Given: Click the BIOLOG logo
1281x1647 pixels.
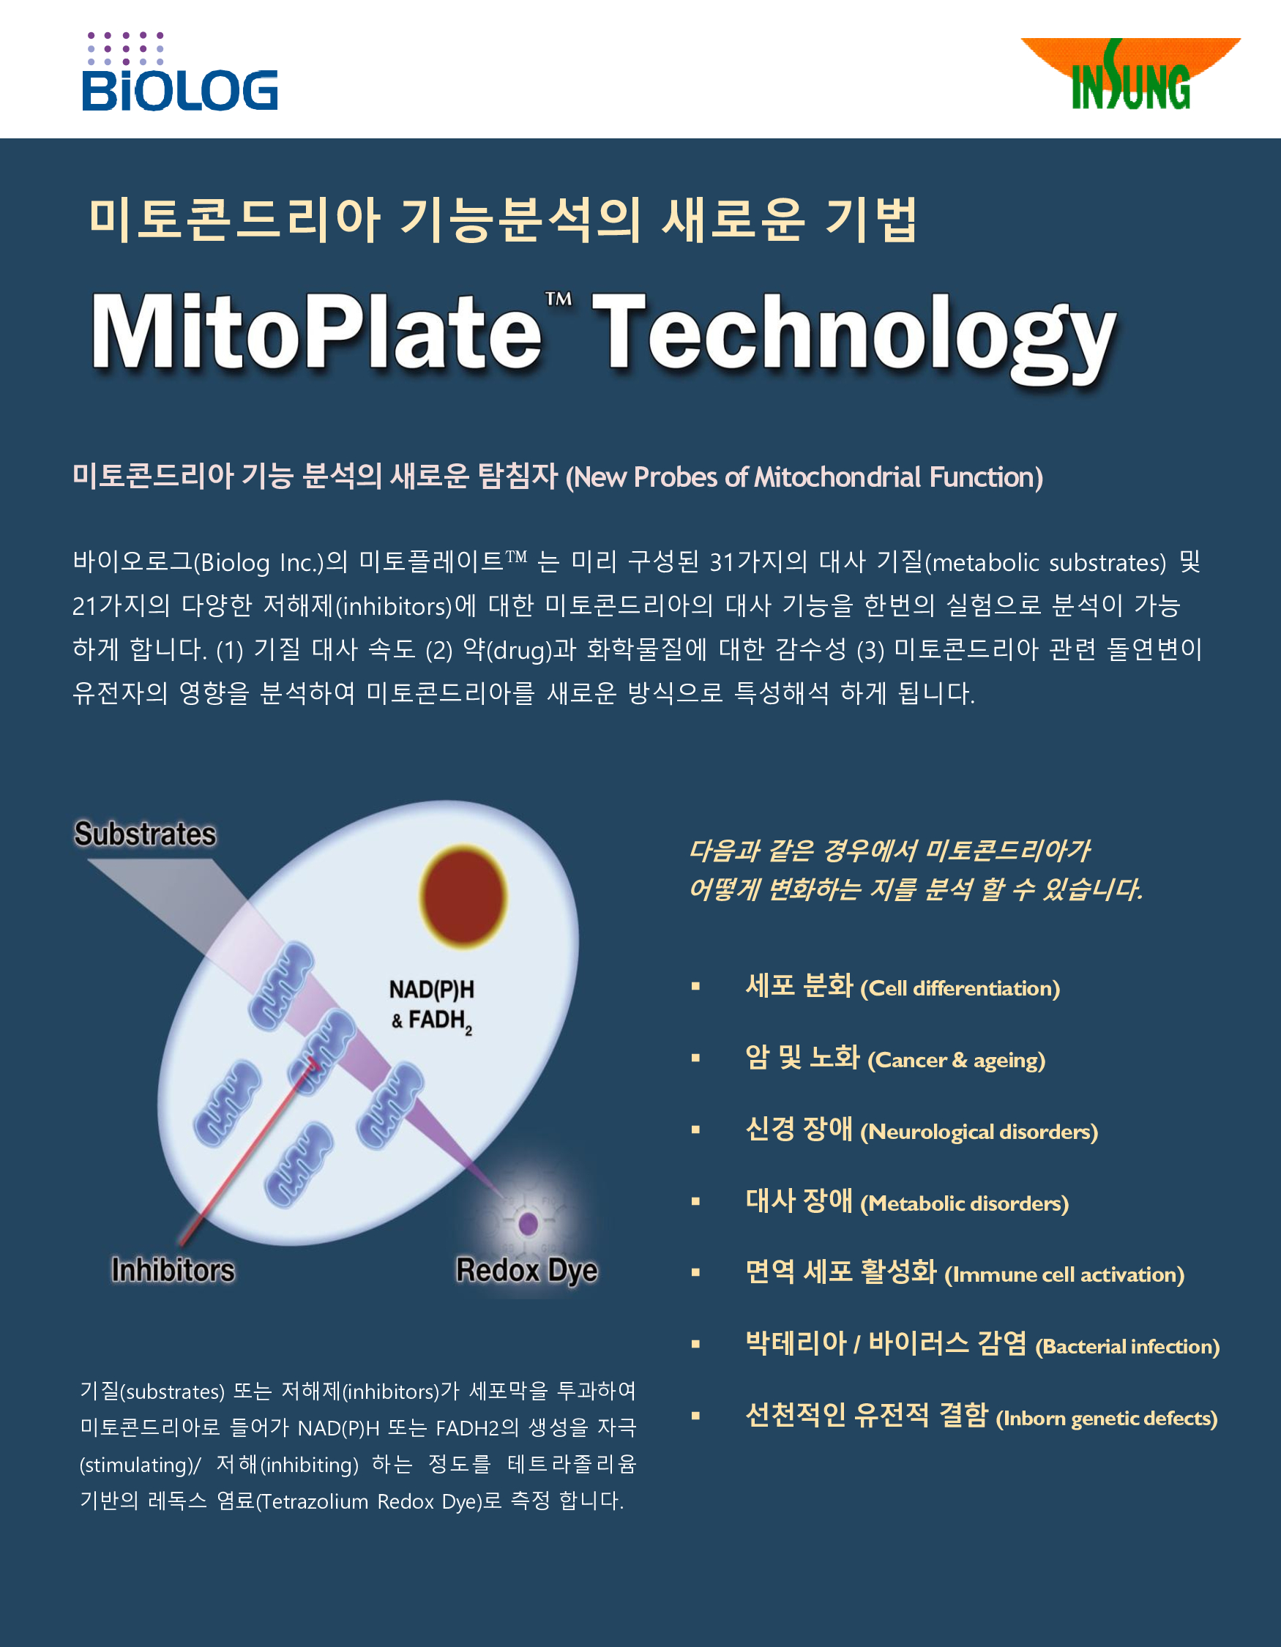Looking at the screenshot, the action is [x=179, y=72].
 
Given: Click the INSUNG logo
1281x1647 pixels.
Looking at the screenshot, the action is [x=1130, y=74].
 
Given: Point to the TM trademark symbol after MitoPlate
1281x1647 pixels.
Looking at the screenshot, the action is [x=559, y=299].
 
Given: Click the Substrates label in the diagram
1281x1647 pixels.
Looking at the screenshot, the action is [x=145, y=834].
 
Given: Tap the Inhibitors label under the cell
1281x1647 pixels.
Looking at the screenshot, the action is [x=173, y=1270].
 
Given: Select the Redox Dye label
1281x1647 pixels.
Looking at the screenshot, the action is [x=527, y=1271].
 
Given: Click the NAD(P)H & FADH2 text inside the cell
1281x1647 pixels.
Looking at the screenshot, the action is [x=431, y=1006].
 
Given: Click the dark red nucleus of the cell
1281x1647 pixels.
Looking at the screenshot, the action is [x=463, y=896].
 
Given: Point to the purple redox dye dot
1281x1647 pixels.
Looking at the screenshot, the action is [x=529, y=1223].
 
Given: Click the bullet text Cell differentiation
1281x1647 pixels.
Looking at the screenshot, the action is [x=960, y=989].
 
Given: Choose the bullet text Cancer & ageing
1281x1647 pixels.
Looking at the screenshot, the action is [x=956, y=1060].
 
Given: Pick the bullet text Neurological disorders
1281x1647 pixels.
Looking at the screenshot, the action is [x=979, y=1132].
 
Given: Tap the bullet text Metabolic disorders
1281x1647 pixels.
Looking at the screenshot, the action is [x=964, y=1203].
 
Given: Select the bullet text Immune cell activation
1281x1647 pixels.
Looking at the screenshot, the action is [x=1064, y=1275].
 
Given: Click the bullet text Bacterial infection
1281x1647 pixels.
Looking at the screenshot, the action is [x=1127, y=1347].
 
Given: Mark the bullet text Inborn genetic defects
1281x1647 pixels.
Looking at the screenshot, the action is [x=1107, y=1419].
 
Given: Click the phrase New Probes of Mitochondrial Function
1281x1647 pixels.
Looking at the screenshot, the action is [x=804, y=477].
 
